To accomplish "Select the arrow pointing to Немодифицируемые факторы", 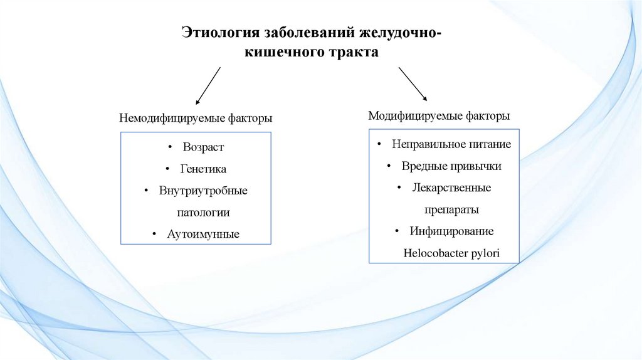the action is tap(208, 85).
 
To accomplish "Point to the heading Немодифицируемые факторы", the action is tap(196, 118).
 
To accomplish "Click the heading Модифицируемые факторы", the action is tap(439, 115).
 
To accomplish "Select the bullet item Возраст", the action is tap(203, 147).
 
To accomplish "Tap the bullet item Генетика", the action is tap(203, 169).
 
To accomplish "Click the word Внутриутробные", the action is tap(203, 191).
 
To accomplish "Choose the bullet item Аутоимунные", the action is tap(203, 235).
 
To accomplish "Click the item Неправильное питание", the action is tap(451, 144).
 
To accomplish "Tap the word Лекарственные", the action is tap(451, 188).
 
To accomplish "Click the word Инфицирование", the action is tap(451, 231).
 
